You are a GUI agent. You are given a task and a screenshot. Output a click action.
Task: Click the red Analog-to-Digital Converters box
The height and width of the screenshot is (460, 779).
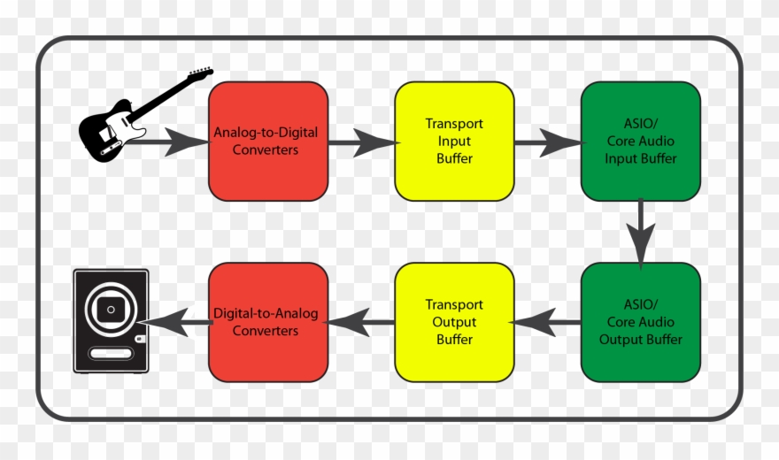click(268, 142)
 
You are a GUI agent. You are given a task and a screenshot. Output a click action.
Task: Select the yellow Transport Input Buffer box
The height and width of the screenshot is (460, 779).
click(454, 142)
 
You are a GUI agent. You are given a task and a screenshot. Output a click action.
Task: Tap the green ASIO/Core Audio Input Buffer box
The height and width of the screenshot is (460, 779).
click(640, 142)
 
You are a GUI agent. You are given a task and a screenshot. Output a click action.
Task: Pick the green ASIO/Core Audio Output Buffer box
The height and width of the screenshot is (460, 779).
click(640, 322)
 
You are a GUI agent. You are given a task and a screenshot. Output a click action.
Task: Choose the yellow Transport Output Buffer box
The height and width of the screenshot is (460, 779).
click(454, 322)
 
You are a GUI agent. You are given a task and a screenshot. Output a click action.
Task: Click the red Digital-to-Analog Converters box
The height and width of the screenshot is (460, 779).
click(268, 322)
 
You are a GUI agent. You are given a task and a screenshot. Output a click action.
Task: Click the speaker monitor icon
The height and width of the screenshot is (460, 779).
click(111, 320)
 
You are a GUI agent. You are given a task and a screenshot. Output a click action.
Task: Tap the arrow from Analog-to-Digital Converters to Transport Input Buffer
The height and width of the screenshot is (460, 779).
click(361, 142)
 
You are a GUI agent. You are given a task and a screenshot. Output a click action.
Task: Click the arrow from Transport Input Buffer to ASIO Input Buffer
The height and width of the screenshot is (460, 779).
click(547, 142)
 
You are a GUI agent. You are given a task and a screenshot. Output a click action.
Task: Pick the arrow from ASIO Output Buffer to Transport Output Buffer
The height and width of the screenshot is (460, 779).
click(547, 322)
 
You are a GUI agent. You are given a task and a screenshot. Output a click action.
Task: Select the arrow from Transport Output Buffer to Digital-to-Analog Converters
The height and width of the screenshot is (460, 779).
click(361, 322)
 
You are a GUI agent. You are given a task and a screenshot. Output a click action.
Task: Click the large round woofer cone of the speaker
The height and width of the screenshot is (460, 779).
click(112, 309)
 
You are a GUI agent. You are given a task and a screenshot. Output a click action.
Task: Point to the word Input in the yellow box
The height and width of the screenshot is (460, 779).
click(454, 142)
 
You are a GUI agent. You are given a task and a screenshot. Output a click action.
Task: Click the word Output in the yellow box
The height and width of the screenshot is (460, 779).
click(454, 322)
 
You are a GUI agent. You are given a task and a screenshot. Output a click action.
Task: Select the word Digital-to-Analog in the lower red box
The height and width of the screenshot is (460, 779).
click(266, 313)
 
